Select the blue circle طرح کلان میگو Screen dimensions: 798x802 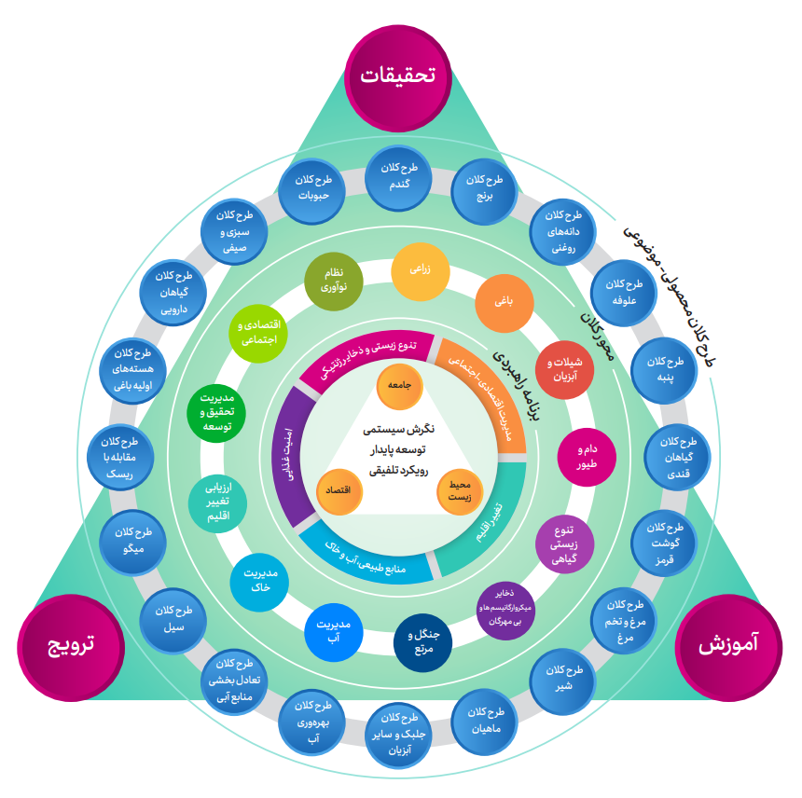coord(134,540)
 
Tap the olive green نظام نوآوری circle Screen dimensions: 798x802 coord(335,282)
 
